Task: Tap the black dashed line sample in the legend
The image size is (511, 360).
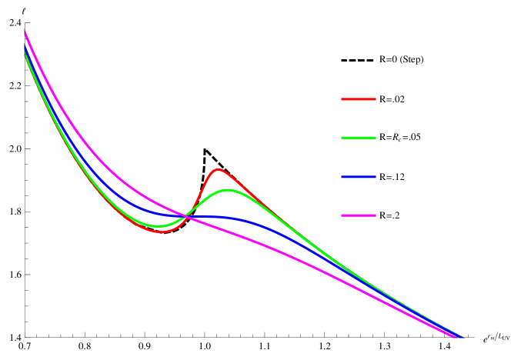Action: click(x=358, y=60)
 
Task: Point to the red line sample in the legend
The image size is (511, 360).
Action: click(x=358, y=99)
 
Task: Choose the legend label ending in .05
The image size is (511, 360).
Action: click(x=400, y=138)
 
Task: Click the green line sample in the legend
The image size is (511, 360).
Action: click(x=358, y=138)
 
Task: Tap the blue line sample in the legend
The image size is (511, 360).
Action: click(x=358, y=177)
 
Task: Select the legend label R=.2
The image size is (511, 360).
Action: click(x=389, y=215)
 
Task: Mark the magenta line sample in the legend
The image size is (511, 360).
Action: click(x=358, y=216)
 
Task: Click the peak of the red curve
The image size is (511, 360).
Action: click(x=219, y=168)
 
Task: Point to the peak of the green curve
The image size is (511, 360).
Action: click(x=228, y=189)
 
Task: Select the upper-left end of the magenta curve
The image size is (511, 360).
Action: click(x=25, y=30)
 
